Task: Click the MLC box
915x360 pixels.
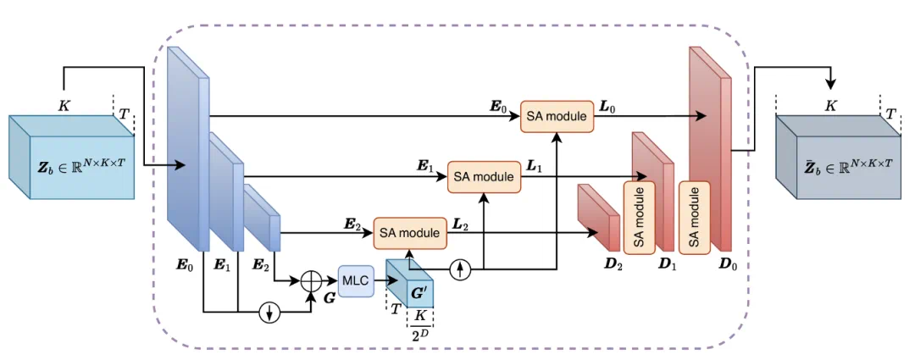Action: [x=355, y=279]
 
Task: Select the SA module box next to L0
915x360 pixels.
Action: [x=557, y=116]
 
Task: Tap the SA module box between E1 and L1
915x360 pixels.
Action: [x=483, y=176]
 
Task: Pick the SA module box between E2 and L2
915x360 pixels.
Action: [x=410, y=231]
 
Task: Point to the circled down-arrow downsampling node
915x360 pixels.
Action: [x=269, y=312]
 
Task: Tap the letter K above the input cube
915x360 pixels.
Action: [x=64, y=105]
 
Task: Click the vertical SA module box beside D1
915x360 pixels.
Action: [x=640, y=216]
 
